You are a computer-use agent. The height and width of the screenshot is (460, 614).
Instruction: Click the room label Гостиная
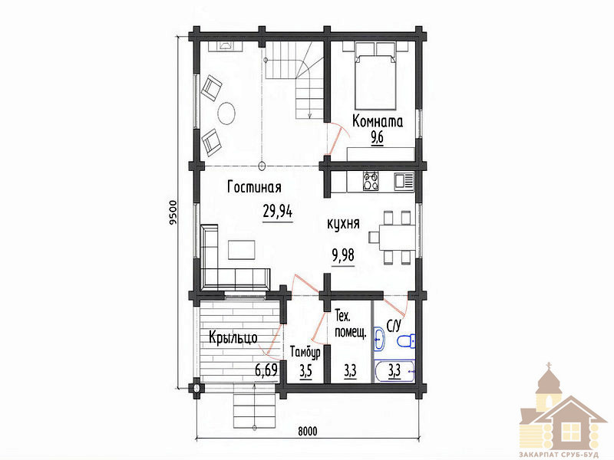(254, 187)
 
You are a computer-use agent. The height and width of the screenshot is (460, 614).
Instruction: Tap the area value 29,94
(278, 212)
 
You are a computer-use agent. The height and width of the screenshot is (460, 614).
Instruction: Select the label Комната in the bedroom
(378, 121)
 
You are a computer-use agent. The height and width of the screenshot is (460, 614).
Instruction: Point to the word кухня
(343, 223)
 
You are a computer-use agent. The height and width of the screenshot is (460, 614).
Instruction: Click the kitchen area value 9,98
(343, 255)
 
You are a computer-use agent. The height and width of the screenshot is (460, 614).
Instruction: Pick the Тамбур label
(305, 353)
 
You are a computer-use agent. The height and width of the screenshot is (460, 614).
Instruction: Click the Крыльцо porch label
(233, 337)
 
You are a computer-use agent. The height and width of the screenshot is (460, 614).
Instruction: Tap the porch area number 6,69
(266, 369)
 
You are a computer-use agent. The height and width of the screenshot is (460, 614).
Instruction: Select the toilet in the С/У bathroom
(406, 340)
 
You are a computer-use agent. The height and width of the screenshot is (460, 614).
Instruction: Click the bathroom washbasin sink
(379, 339)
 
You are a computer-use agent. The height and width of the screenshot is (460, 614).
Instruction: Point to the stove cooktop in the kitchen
(371, 182)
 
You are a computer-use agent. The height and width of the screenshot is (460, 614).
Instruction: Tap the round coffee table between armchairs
(226, 113)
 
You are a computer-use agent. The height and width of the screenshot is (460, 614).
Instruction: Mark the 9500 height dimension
(173, 213)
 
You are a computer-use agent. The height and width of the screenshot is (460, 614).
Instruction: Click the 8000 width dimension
(308, 431)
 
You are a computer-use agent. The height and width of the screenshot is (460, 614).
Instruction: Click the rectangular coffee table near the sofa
(242, 250)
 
